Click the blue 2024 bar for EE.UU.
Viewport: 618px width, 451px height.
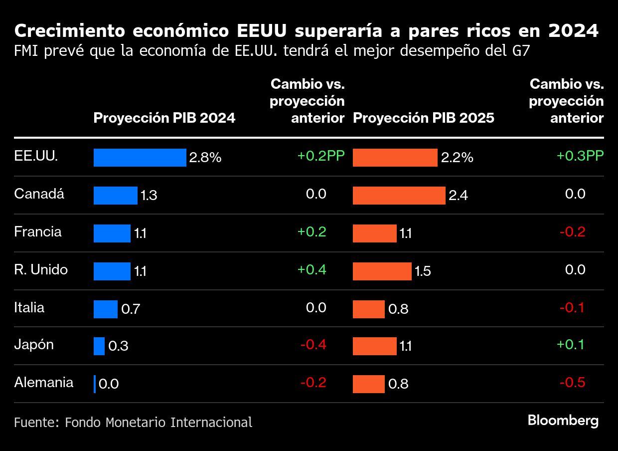[x=140, y=158]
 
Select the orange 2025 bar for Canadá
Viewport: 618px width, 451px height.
[x=399, y=196]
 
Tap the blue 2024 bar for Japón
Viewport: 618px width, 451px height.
[x=99, y=346]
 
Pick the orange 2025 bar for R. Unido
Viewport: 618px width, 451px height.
[x=382, y=271]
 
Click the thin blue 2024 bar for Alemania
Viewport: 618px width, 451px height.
[x=95, y=384]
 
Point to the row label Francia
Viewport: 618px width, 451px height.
[x=38, y=232]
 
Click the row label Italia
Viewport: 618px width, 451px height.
[x=29, y=307]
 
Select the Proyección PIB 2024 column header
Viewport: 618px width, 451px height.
[x=164, y=118]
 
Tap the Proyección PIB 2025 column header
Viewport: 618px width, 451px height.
[x=424, y=118]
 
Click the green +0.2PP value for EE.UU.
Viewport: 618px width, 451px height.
[x=321, y=156]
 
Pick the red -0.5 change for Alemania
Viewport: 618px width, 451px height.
[x=572, y=383]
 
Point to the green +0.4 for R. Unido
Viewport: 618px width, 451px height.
[x=312, y=270]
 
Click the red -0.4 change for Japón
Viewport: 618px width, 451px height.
[x=313, y=345]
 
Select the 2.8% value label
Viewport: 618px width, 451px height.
[x=205, y=158]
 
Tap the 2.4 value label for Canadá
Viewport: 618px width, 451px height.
[x=458, y=196]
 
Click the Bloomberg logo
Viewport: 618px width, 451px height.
[x=563, y=421]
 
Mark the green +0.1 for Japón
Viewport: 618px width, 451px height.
[x=570, y=345]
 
